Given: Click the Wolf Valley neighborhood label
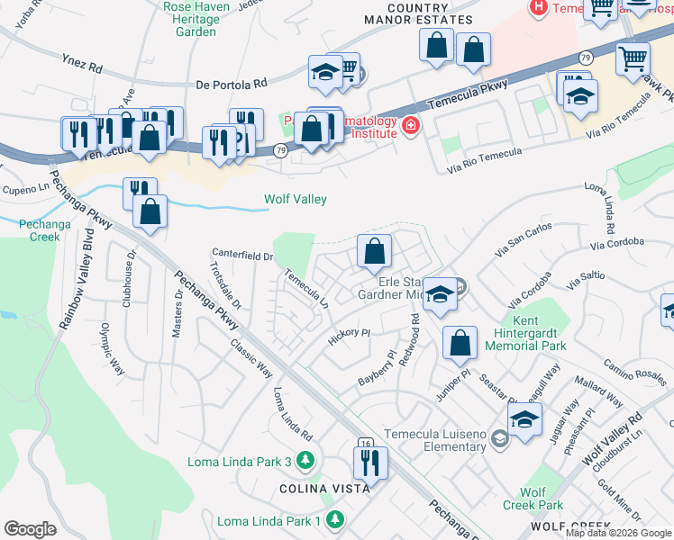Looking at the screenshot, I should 295,199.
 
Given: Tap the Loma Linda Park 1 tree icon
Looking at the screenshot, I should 335,521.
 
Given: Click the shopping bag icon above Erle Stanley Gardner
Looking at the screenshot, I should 373,251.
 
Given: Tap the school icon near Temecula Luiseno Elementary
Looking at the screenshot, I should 524,418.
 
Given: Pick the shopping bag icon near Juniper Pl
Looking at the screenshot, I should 460,342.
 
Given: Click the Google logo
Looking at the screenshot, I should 30,528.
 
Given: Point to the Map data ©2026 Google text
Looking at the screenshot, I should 618,533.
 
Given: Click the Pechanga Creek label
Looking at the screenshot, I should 40,229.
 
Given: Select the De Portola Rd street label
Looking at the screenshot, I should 232,85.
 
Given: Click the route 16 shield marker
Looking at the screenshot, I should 364,444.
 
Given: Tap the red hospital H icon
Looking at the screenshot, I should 538,7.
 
